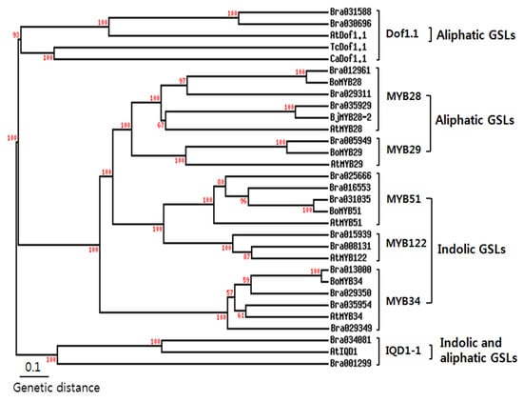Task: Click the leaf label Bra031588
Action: click(350, 11)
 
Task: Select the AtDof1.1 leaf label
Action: click(348, 33)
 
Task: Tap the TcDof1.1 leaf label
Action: click(348, 46)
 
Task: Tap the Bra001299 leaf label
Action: click(350, 363)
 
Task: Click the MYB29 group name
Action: click(404, 151)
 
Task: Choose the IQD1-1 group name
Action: click(405, 352)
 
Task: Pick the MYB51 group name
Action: click(404, 198)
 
